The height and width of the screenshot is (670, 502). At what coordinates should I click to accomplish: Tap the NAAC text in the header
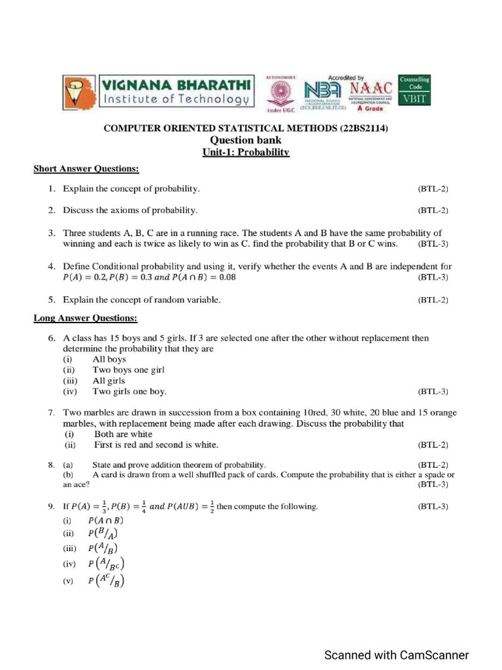click(x=371, y=87)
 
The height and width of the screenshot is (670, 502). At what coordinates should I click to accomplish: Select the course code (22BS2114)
click(x=363, y=129)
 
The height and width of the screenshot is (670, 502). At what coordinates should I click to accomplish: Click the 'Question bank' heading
click(x=246, y=141)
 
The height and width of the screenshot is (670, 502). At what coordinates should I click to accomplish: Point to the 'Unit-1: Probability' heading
click(x=246, y=152)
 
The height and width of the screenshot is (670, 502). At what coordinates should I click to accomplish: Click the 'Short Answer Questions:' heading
click(x=86, y=169)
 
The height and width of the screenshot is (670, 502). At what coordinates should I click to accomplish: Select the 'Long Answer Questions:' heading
click(x=86, y=319)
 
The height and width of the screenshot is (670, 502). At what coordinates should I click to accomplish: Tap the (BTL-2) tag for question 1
click(x=433, y=189)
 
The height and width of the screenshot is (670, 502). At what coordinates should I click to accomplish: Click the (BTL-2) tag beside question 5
click(x=433, y=300)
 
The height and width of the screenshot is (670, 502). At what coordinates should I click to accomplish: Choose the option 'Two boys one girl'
click(x=128, y=370)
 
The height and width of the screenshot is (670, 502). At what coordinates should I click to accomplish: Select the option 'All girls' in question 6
click(x=109, y=381)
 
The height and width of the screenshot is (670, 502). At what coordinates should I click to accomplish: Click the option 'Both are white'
click(x=123, y=434)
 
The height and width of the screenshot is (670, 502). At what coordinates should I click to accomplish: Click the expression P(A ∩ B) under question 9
click(x=105, y=521)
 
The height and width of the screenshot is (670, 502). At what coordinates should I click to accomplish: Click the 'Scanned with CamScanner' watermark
click(x=397, y=655)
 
